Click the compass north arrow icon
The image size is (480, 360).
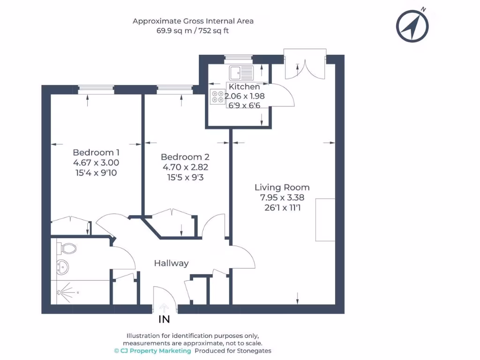[412, 25]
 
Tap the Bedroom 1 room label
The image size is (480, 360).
[96, 152]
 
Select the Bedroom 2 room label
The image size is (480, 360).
[185, 157]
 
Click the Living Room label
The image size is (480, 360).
[282, 187]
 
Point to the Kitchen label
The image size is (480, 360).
[244, 87]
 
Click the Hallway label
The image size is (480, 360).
[171, 263]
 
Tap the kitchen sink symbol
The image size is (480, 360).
[241, 72]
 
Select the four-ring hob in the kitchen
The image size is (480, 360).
[218, 96]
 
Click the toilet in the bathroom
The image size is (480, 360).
[67, 247]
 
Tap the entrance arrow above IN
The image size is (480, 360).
[164, 307]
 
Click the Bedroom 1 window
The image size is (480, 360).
[96, 88]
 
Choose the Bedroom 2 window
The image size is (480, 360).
[174, 88]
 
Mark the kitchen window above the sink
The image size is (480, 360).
[238, 58]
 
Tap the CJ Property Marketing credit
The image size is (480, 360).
[153, 351]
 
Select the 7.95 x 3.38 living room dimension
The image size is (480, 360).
[282, 197]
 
